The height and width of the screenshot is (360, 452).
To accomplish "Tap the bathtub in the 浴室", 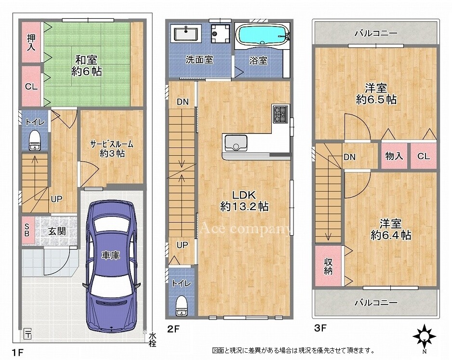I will [x=262, y=35].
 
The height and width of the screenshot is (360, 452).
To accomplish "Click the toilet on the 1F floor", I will [x=35, y=139].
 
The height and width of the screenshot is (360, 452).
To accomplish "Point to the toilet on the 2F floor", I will [x=181, y=304].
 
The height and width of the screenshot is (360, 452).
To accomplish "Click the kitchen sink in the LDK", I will [x=236, y=143].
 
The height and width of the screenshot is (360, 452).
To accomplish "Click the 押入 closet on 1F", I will [x=31, y=47].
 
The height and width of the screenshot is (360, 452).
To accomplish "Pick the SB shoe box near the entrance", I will [x=27, y=230].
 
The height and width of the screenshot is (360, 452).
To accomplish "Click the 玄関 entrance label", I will [x=57, y=231].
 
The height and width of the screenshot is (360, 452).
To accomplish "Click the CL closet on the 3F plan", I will [x=424, y=156].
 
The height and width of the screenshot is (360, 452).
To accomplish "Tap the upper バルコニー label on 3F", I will [x=376, y=33].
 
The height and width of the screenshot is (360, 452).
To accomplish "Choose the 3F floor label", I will [x=320, y=330].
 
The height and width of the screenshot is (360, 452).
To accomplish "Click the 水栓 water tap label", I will [x=152, y=339].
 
